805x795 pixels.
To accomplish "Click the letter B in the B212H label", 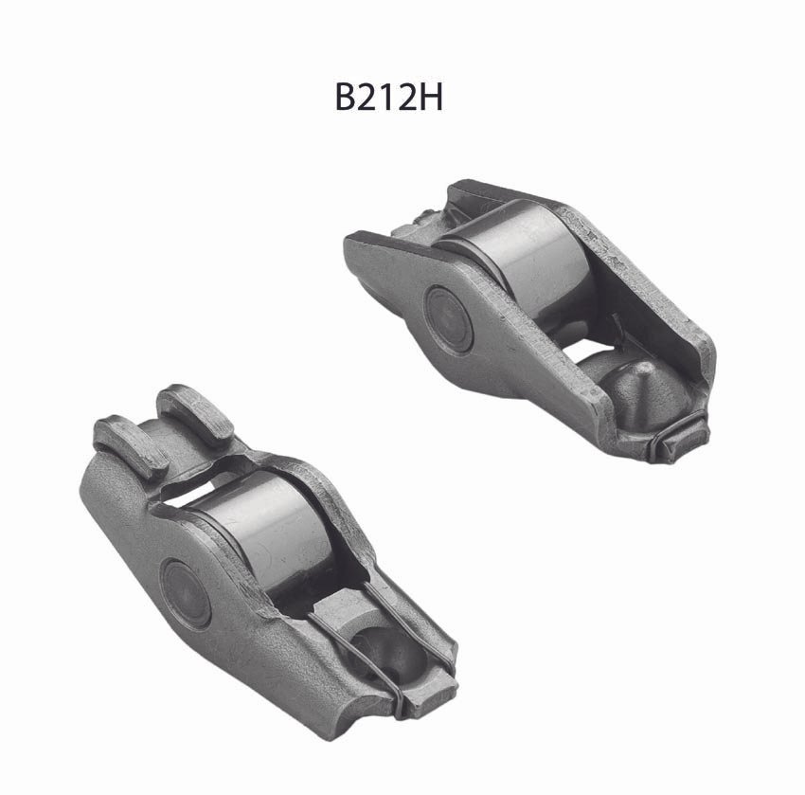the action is click(x=348, y=97).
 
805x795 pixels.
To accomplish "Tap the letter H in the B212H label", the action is click(x=430, y=97).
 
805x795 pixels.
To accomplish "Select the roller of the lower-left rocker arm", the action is click(x=272, y=534).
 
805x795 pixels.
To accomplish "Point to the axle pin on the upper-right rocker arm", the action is click(x=448, y=318).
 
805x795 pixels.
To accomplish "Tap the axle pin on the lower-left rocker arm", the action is click(x=185, y=593).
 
